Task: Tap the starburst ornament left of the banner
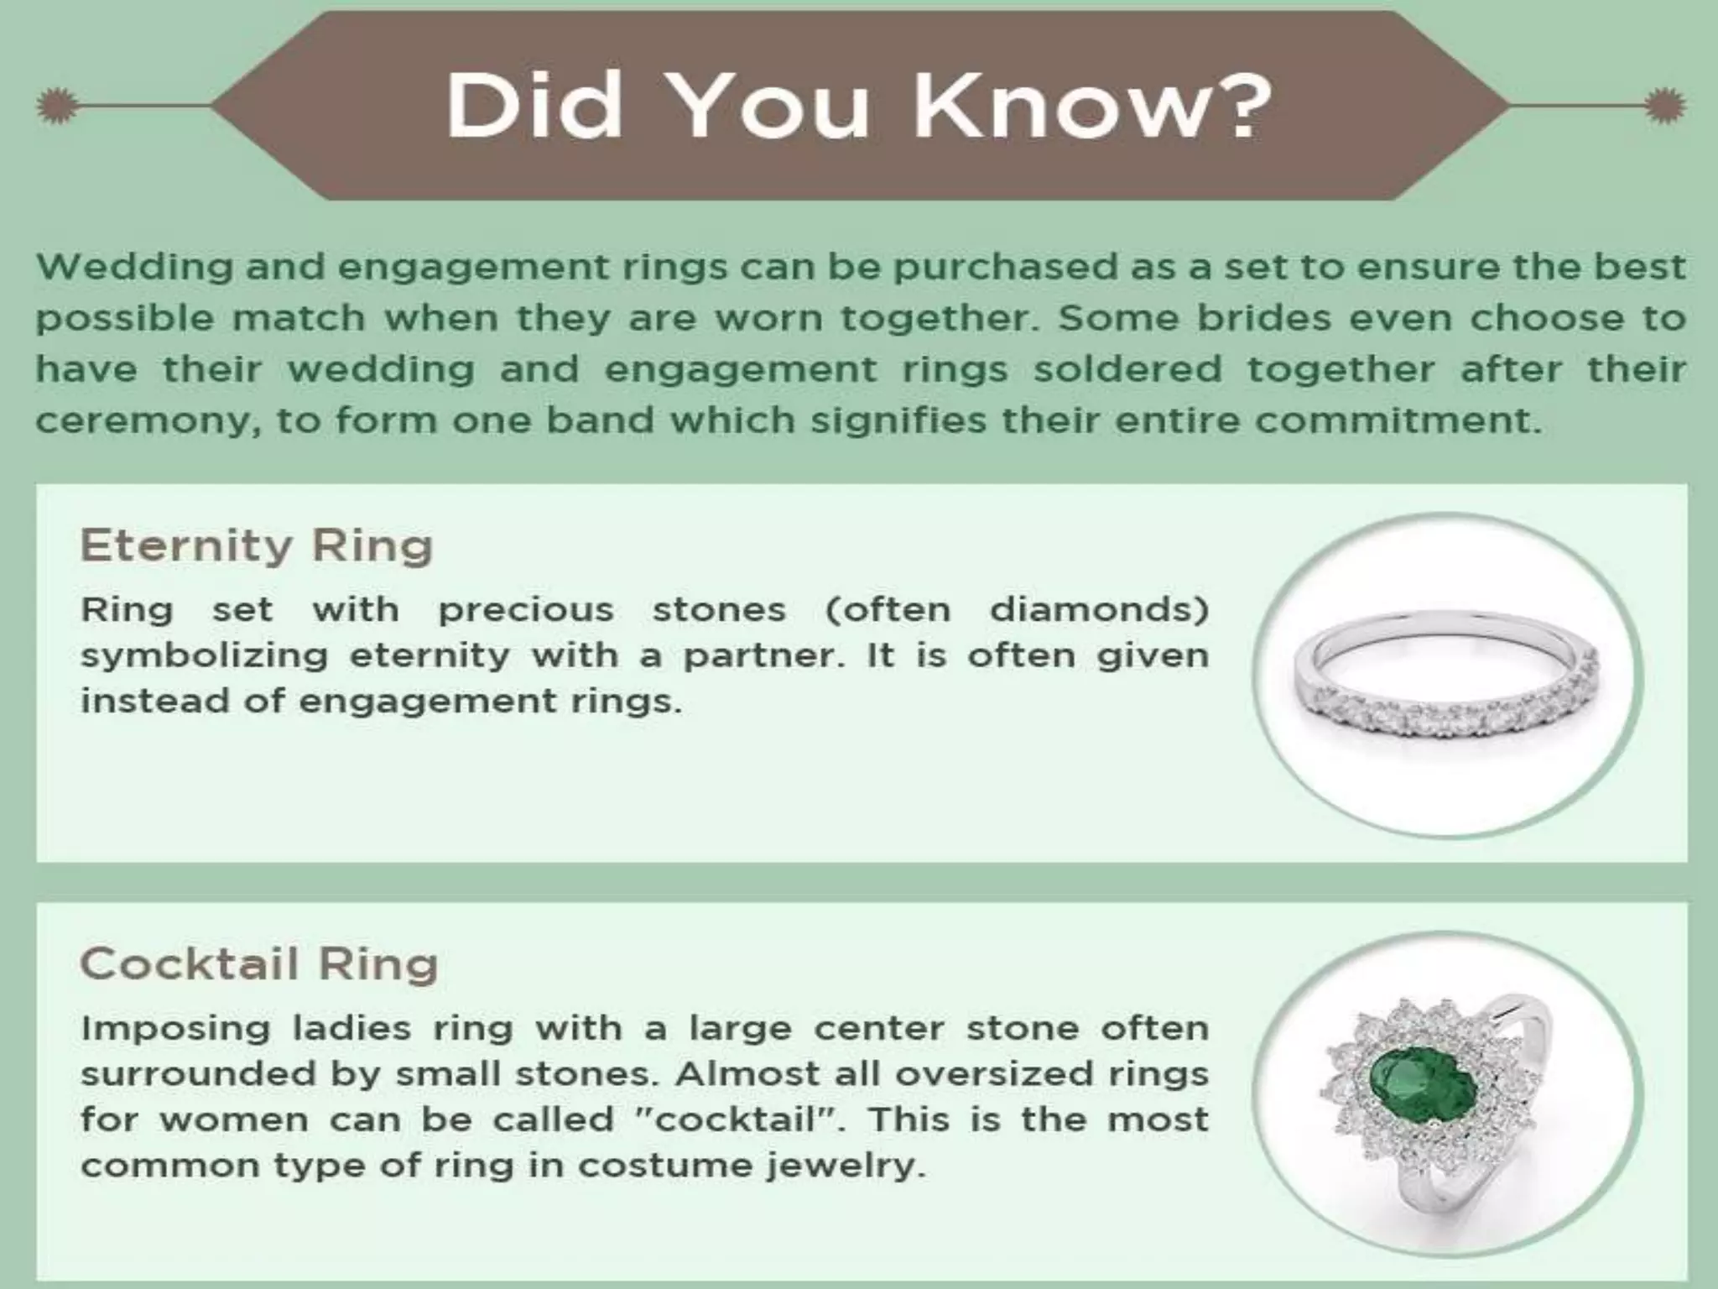tap(57, 106)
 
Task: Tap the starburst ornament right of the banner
tap(1664, 106)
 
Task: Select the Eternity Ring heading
tap(256, 545)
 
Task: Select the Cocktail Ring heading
tap(259, 963)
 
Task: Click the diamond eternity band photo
tap(1446, 676)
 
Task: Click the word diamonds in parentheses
tap(1099, 610)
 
